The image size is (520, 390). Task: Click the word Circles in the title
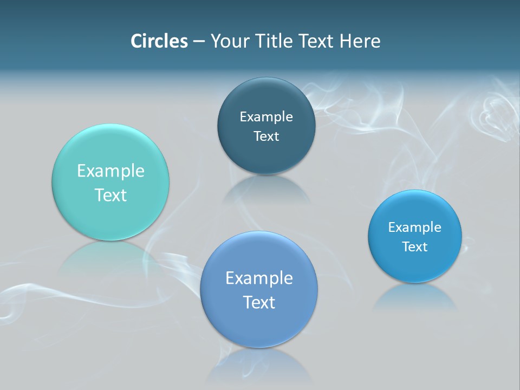(x=159, y=41)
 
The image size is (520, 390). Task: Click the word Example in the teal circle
(x=110, y=171)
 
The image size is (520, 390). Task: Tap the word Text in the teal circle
(x=110, y=195)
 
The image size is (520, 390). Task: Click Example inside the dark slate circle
(x=266, y=117)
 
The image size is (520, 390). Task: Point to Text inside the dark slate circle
(x=266, y=136)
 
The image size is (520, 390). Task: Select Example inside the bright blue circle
(x=415, y=227)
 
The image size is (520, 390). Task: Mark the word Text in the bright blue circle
(x=415, y=247)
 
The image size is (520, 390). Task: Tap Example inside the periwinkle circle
(x=259, y=278)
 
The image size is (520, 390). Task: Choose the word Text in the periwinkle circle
(x=259, y=302)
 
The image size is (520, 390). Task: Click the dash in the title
(x=199, y=42)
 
